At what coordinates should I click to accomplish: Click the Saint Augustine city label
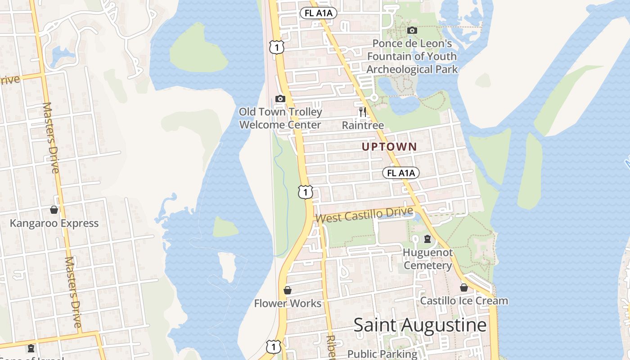(420, 325)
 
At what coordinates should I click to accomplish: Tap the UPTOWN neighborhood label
(389, 147)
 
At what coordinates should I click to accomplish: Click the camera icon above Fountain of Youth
(412, 31)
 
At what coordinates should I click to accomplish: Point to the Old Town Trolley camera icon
(280, 99)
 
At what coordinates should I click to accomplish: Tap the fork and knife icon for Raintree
(363, 112)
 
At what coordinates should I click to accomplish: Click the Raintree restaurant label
(363, 125)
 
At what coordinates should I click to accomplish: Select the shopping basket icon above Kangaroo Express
(54, 210)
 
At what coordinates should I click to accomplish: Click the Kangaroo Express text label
(54, 223)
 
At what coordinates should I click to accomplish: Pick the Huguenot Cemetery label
(427, 259)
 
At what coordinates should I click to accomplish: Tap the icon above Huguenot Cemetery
(427, 239)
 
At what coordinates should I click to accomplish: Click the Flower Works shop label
(288, 303)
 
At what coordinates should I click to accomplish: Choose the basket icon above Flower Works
(288, 290)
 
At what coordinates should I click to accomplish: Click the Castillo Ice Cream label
(464, 301)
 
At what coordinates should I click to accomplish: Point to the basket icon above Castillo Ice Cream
(464, 288)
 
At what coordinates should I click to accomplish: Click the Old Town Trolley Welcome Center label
(280, 118)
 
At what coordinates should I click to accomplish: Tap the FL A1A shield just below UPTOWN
(401, 173)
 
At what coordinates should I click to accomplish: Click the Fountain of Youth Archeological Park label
(412, 57)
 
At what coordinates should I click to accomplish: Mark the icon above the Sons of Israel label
(31, 348)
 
